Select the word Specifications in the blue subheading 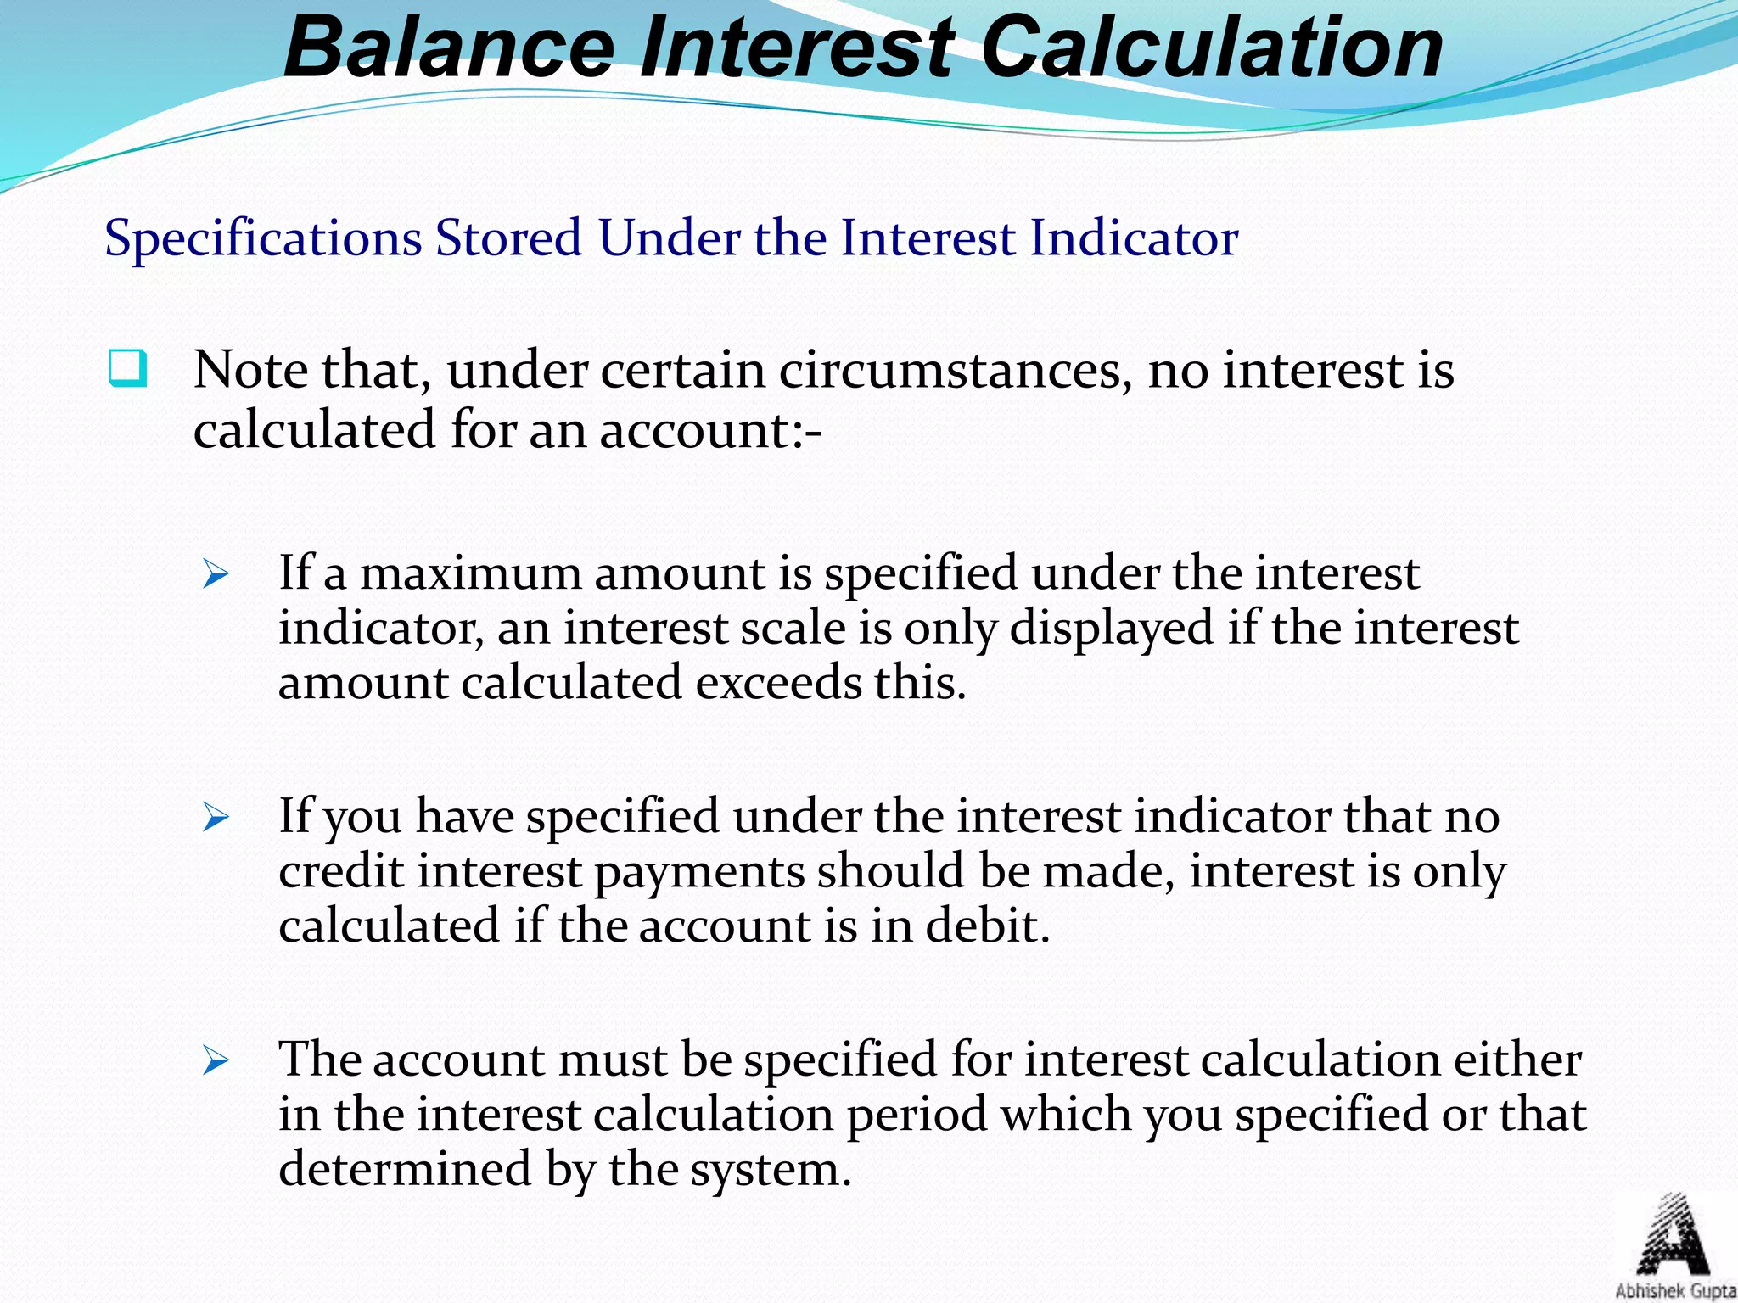tap(263, 238)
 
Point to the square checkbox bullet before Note tap(127, 369)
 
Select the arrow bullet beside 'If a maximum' tap(216, 576)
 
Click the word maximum tap(470, 573)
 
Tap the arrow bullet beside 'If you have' tap(216, 819)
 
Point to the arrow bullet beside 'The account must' tap(216, 1061)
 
